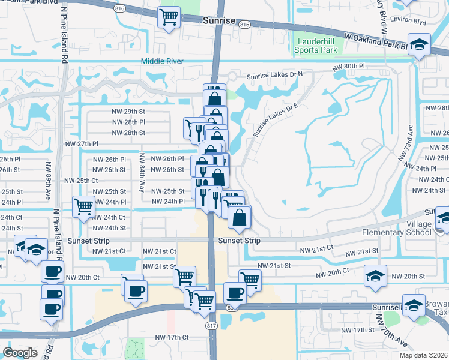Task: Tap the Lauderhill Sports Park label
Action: point(316,47)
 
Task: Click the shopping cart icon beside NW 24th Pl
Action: point(83,207)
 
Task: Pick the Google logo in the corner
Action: point(20,352)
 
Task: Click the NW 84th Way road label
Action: point(142,172)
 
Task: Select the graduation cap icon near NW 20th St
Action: point(376,275)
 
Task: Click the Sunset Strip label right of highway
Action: point(238,241)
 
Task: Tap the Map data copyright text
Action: point(423,355)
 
